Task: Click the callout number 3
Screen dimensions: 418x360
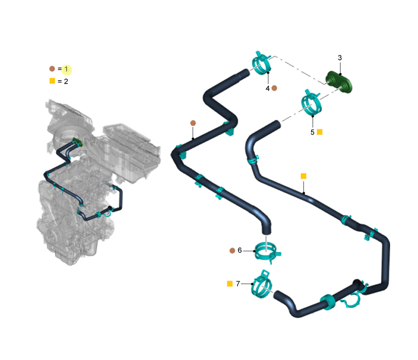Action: coord(339,58)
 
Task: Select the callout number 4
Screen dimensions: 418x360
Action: coord(268,88)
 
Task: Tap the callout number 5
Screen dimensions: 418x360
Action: coord(313,132)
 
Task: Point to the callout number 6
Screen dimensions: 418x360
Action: coord(239,250)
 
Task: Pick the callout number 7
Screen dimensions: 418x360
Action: coord(238,284)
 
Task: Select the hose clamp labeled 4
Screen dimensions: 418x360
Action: coord(261,63)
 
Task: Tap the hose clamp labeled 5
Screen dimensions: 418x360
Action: coord(311,103)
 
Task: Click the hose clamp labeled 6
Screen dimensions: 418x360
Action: coord(267,252)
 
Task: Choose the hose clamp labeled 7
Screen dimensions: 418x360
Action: coord(262,284)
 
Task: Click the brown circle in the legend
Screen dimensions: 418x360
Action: coord(52,69)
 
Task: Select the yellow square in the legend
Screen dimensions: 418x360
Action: coord(52,81)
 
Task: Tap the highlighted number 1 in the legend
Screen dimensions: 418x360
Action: coord(66,69)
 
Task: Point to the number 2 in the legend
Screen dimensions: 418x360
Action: coord(66,81)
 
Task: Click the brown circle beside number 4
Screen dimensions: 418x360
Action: coord(274,88)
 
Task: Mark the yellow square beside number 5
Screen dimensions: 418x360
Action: coord(320,132)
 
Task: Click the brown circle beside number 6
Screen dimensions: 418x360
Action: coord(232,251)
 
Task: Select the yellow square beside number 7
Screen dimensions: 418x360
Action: coord(230,284)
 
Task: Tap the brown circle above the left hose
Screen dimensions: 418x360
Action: coord(193,123)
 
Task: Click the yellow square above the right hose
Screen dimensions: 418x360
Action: coord(303,176)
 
